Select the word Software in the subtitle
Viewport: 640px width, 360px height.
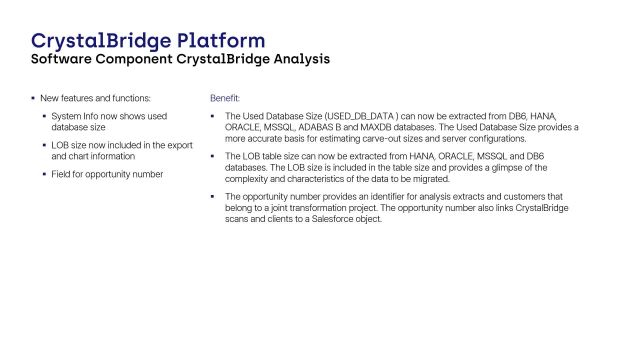(65, 60)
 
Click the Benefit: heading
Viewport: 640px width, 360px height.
(225, 99)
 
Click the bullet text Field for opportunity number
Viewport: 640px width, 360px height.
(108, 175)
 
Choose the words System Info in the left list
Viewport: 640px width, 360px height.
(75, 116)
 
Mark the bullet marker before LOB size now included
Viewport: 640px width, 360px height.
(44, 146)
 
